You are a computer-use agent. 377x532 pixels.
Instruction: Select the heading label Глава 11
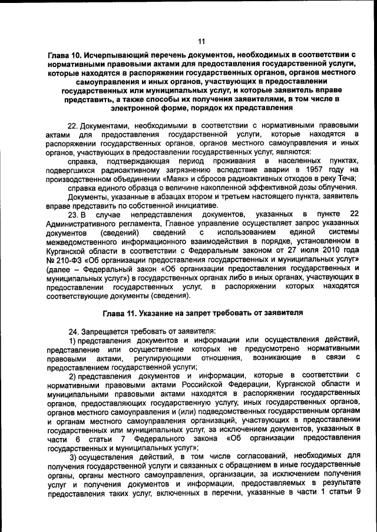121,312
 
